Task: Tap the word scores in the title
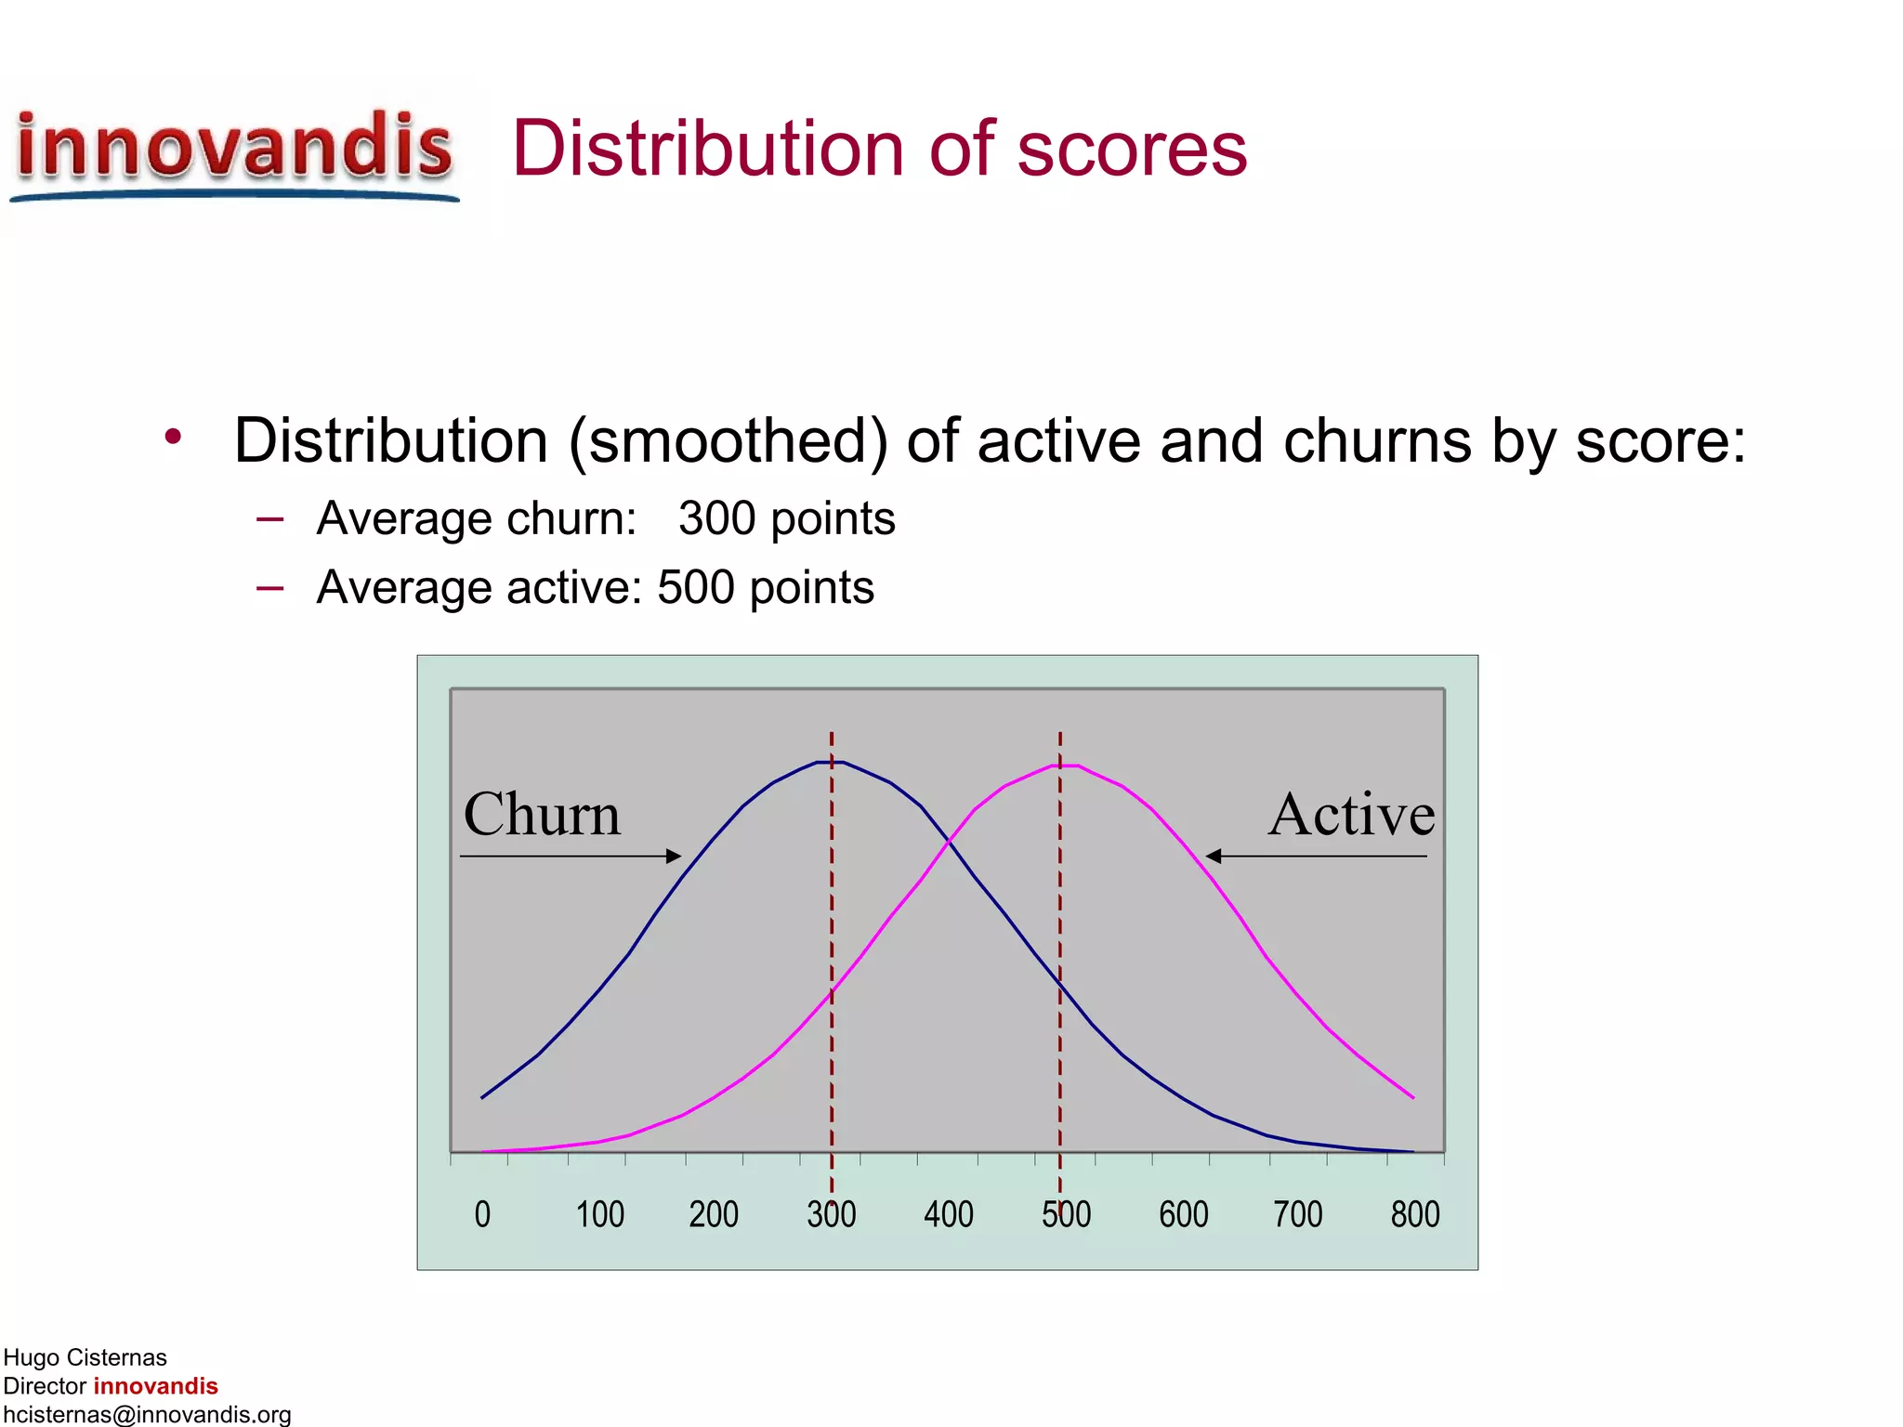tap(1131, 151)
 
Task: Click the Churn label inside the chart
tap(542, 815)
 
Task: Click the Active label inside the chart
tap(1351, 815)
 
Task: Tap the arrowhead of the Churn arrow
tap(675, 856)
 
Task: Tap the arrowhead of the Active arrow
tap(1213, 856)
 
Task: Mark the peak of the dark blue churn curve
tap(831, 762)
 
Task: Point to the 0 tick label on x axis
tap(482, 1214)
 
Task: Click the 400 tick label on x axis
tap(949, 1214)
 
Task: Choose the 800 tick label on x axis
tap(1414, 1214)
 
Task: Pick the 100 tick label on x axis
tap(599, 1214)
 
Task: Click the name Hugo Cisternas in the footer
tap(85, 1357)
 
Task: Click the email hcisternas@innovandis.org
tap(147, 1414)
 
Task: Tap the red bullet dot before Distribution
tap(173, 435)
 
